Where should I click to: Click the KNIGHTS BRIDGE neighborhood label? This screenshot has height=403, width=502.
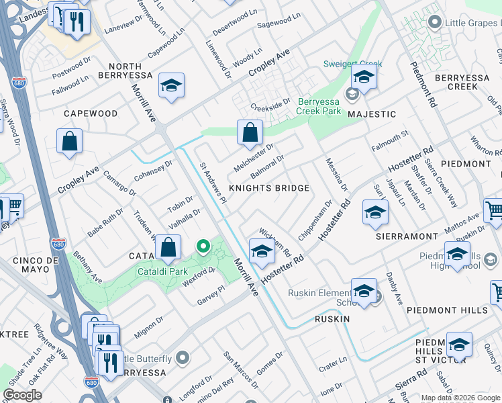pos(270,189)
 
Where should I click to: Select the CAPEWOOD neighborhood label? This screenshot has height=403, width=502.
pos(91,114)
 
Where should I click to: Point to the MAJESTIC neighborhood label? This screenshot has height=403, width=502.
pos(372,114)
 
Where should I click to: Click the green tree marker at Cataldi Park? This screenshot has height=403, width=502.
pos(203,248)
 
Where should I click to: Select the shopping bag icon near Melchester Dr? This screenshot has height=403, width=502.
pos(250,134)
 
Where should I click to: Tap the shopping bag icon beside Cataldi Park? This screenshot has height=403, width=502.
pos(168,248)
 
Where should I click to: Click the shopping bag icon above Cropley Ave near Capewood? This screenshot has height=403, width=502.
pos(70,142)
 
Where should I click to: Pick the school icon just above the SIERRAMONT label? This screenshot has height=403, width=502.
pos(375,213)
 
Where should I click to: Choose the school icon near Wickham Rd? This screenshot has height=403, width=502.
pos(261,252)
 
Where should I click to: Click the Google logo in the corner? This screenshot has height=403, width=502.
pos(22,395)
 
